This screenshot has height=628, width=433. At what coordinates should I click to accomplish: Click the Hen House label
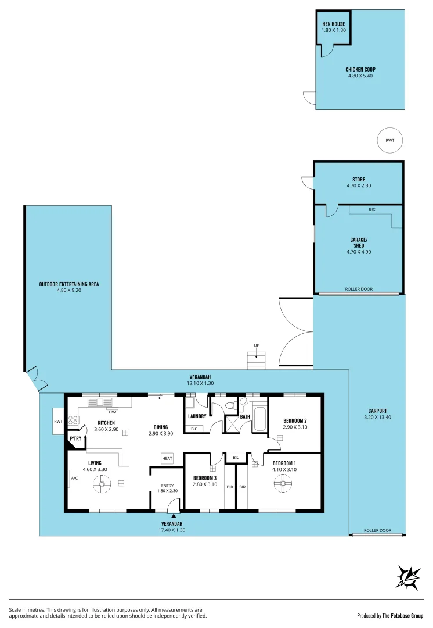(x=333, y=24)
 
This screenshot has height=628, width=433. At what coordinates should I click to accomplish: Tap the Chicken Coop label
(x=361, y=69)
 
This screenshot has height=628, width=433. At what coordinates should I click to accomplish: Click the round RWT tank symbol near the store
(x=389, y=140)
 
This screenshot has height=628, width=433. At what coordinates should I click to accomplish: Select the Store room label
(x=359, y=180)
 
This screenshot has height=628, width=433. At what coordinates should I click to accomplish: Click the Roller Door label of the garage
(x=359, y=289)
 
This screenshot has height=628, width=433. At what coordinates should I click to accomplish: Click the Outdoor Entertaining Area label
(x=69, y=284)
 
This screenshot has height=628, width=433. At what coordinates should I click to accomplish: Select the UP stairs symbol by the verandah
(x=256, y=361)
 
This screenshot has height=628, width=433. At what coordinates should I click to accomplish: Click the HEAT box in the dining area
(x=167, y=458)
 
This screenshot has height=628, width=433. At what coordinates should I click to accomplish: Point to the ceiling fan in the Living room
(x=102, y=483)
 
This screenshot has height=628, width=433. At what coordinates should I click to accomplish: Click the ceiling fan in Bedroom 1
(x=283, y=483)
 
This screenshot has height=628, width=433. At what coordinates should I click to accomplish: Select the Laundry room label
(x=197, y=416)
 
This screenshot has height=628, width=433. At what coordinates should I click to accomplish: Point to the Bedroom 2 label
(x=295, y=420)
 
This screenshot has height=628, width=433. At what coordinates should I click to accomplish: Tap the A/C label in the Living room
(x=74, y=479)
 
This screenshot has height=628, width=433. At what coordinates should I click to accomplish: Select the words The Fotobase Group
(x=403, y=615)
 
